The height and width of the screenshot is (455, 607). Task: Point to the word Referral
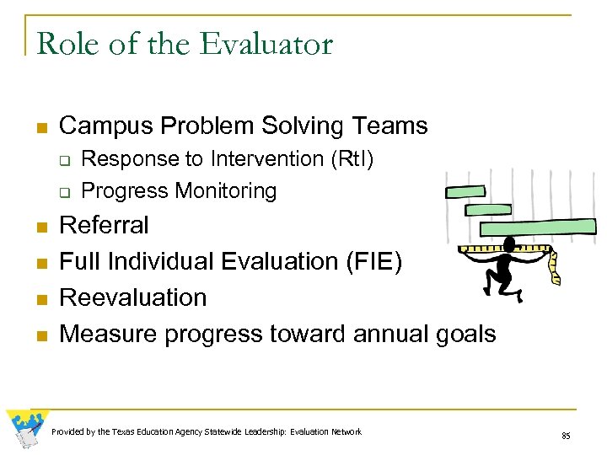point(104,226)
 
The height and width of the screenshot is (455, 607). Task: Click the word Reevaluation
point(133,298)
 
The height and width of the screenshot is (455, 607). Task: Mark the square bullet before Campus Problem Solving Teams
point(40,128)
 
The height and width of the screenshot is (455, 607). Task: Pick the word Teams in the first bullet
point(391,126)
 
